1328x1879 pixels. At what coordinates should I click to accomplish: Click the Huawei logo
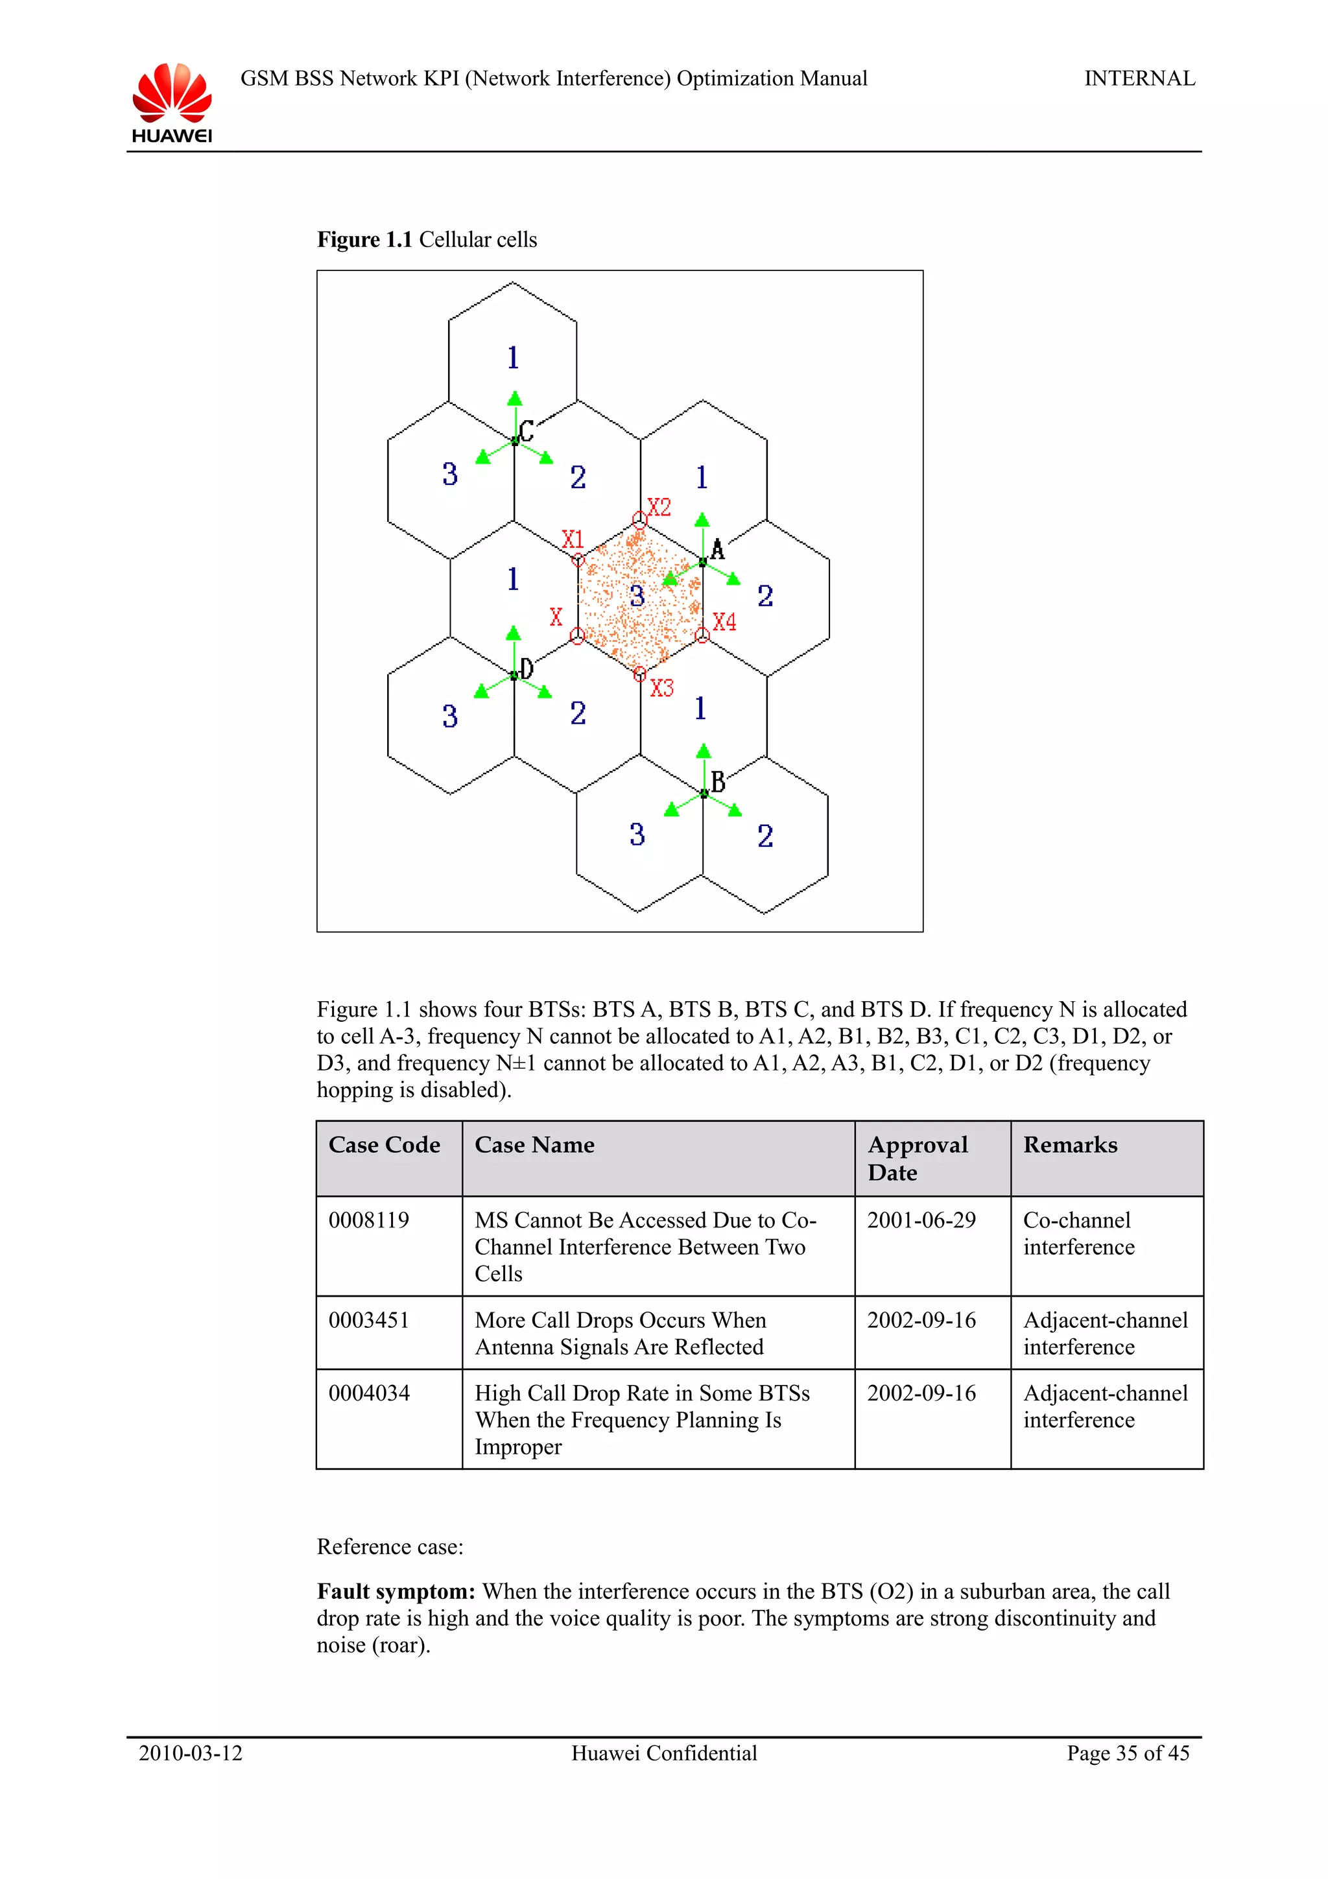tap(172, 102)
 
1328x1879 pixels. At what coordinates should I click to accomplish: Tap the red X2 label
tap(659, 508)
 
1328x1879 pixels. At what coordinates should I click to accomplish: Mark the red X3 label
tap(661, 689)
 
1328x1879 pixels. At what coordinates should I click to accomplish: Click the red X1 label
tap(572, 539)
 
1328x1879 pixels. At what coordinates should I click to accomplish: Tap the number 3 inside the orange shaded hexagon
tap(637, 596)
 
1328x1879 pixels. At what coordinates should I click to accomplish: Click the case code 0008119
tap(368, 1220)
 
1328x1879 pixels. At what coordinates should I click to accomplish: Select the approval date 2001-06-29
tap(921, 1220)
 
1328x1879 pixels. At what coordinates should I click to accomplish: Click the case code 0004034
tap(368, 1393)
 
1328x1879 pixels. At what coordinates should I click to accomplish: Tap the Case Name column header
tap(534, 1145)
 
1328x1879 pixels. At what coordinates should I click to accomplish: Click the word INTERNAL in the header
tap(1139, 78)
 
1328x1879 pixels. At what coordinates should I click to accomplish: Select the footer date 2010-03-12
tap(190, 1753)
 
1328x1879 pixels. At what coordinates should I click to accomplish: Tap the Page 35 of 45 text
tap(1127, 1753)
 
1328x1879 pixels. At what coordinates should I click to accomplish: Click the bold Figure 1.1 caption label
tap(364, 240)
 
